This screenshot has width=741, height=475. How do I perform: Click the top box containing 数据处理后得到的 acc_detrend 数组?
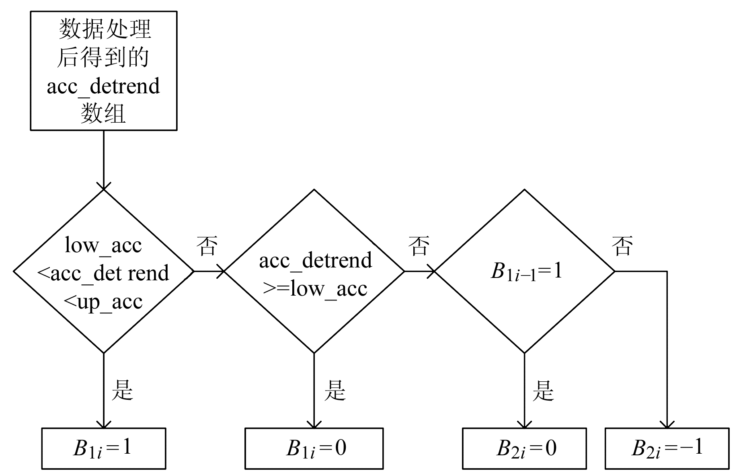[103, 71]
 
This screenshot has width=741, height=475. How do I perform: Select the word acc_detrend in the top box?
[103, 86]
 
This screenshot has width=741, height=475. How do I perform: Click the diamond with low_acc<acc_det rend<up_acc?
[103, 271]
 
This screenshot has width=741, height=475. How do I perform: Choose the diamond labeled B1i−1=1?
[525, 271]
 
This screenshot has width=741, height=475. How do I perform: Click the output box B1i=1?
[103, 448]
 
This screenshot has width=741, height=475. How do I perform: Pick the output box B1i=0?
[314, 448]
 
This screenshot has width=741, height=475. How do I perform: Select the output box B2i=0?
[524, 448]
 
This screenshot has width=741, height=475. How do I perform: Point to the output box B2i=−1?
[667, 448]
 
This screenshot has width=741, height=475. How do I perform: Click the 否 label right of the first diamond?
[207, 246]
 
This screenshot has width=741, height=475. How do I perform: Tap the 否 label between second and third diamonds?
[419, 246]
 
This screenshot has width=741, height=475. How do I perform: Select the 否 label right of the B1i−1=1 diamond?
[622, 246]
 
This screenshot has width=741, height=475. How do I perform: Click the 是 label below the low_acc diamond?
[122, 390]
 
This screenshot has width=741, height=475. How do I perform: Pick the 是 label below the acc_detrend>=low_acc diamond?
[335, 390]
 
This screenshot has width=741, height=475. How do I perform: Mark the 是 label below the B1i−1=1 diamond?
[543, 390]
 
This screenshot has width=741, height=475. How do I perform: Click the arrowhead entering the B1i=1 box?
[104, 425]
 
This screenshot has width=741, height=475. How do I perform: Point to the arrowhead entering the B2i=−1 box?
[667, 425]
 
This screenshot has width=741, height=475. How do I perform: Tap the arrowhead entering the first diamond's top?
[104, 186]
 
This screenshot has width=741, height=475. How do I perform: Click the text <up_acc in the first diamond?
[103, 302]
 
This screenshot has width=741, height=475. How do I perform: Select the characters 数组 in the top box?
[103, 114]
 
